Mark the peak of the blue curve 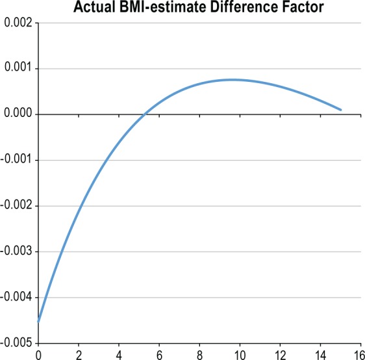coord(232,79)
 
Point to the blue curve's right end coord(341,110)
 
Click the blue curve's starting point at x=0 coord(39,321)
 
